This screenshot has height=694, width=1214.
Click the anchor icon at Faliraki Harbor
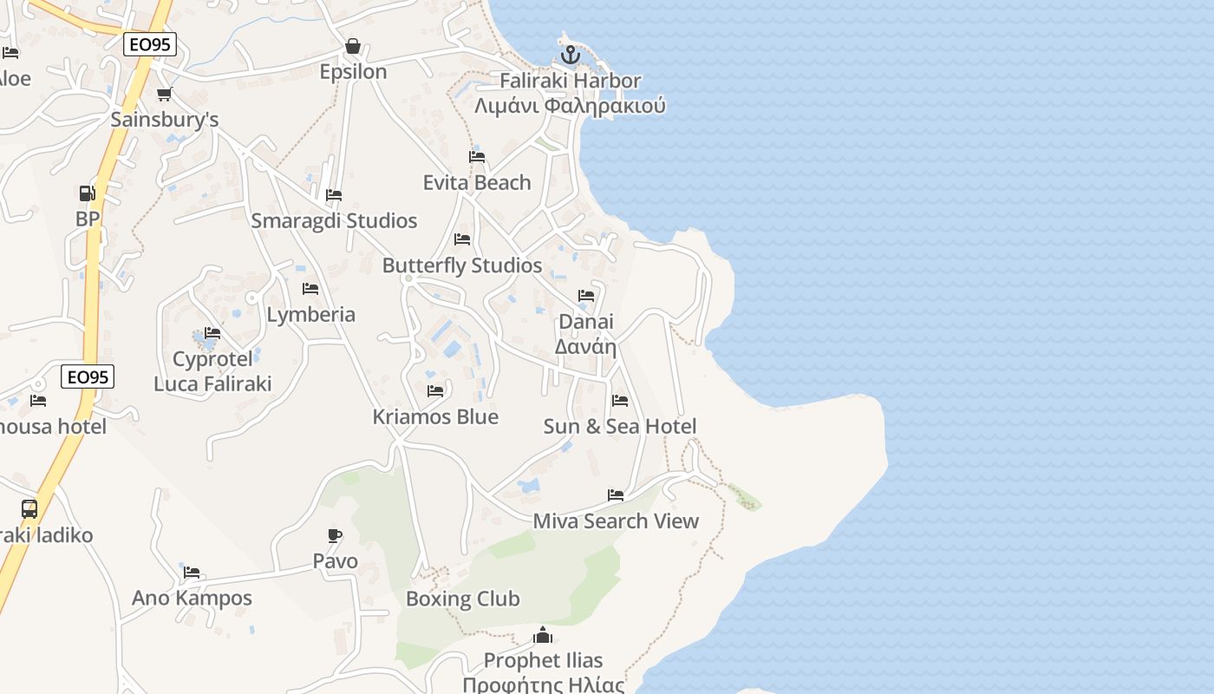[x=570, y=56]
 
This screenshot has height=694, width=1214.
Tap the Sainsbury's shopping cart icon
[x=164, y=95]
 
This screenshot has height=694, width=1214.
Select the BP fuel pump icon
[x=87, y=193]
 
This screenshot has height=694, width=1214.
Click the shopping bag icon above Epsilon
[x=353, y=46]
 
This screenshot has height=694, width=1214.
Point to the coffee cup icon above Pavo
[x=335, y=535]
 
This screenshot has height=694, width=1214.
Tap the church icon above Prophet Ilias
[x=543, y=635]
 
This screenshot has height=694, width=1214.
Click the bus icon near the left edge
[x=29, y=509]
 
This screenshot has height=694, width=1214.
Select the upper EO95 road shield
[x=150, y=43]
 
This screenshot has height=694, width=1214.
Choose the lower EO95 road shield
[x=88, y=376]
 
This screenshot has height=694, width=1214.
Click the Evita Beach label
[x=477, y=182]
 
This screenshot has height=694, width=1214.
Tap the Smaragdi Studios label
[x=334, y=220]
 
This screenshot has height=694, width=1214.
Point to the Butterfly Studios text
[x=462, y=265]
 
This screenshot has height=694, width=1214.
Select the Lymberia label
[x=311, y=314]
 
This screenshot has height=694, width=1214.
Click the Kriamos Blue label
[x=435, y=416]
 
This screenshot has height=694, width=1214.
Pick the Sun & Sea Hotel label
[x=620, y=426]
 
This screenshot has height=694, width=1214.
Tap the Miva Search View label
[x=616, y=520]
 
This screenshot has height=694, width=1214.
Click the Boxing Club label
[x=463, y=599]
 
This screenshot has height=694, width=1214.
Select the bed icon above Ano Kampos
[x=192, y=573]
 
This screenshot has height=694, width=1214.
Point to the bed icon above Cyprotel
[x=212, y=333]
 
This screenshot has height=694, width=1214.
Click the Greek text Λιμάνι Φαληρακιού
[x=570, y=106]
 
